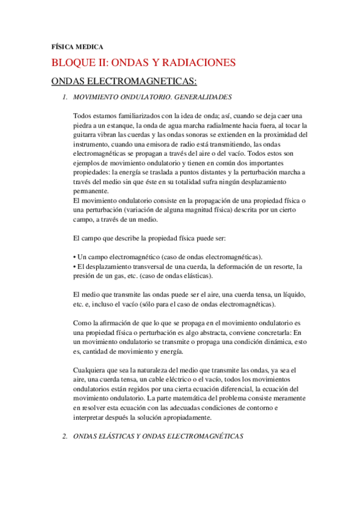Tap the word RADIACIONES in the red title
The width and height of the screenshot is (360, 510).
202,63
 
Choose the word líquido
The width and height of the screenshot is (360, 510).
291,293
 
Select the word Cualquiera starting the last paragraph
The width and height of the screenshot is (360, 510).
90,370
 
